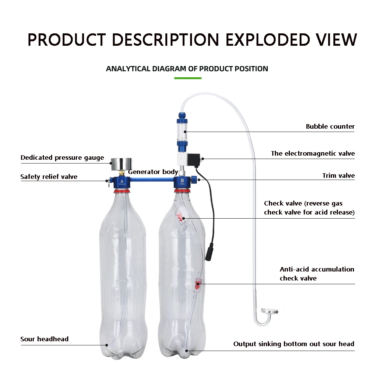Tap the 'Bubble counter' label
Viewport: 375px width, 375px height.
tap(330, 126)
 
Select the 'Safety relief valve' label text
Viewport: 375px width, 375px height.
tap(49, 177)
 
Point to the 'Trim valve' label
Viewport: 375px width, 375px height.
tap(338, 175)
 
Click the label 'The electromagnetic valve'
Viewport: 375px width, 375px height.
tap(313, 153)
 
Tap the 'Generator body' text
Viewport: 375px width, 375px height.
tap(153, 172)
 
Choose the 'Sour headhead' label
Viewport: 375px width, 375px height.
tap(44, 339)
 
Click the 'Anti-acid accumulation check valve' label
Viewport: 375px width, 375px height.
tap(317, 274)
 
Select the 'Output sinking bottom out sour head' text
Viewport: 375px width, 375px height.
tap(294, 344)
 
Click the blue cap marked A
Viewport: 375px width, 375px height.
tap(122, 183)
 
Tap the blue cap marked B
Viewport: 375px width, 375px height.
tap(182, 183)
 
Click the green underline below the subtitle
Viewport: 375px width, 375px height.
tap(188, 78)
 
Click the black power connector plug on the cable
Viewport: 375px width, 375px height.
tap(208, 254)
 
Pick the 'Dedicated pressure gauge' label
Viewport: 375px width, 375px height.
tap(62, 157)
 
